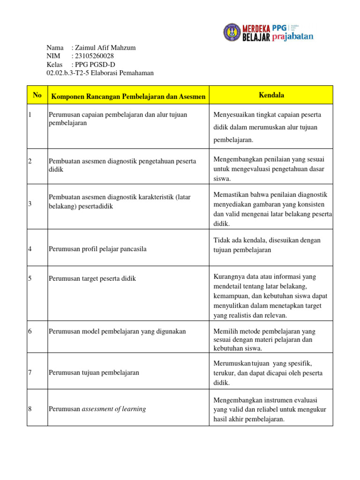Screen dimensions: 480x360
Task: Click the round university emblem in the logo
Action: pyautogui.click(x=232, y=32)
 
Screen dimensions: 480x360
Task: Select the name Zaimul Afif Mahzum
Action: pyautogui.click(x=106, y=48)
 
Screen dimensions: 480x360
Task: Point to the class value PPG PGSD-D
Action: pyautogui.click(x=95, y=64)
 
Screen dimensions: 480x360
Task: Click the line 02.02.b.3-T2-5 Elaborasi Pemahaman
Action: pyautogui.click(x=100, y=73)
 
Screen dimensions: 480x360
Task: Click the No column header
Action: pyautogui.click(x=37, y=95)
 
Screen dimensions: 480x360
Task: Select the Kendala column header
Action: pyautogui.click(x=271, y=95)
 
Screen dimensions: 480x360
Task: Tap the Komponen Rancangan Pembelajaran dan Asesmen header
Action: pyautogui.click(x=128, y=97)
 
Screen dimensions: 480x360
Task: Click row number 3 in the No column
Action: pyautogui.click(x=30, y=203)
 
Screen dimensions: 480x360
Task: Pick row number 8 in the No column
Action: pyautogui.click(x=30, y=409)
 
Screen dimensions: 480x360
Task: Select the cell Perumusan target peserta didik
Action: pyautogui.click(x=92, y=278)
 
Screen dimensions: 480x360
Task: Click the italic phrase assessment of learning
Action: pyautogui.click(x=114, y=409)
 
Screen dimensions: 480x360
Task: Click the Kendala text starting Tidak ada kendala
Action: pyautogui.click(x=267, y=245)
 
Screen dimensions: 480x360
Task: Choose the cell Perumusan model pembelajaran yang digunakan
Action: pyautogui.click(x=117, y=331)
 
